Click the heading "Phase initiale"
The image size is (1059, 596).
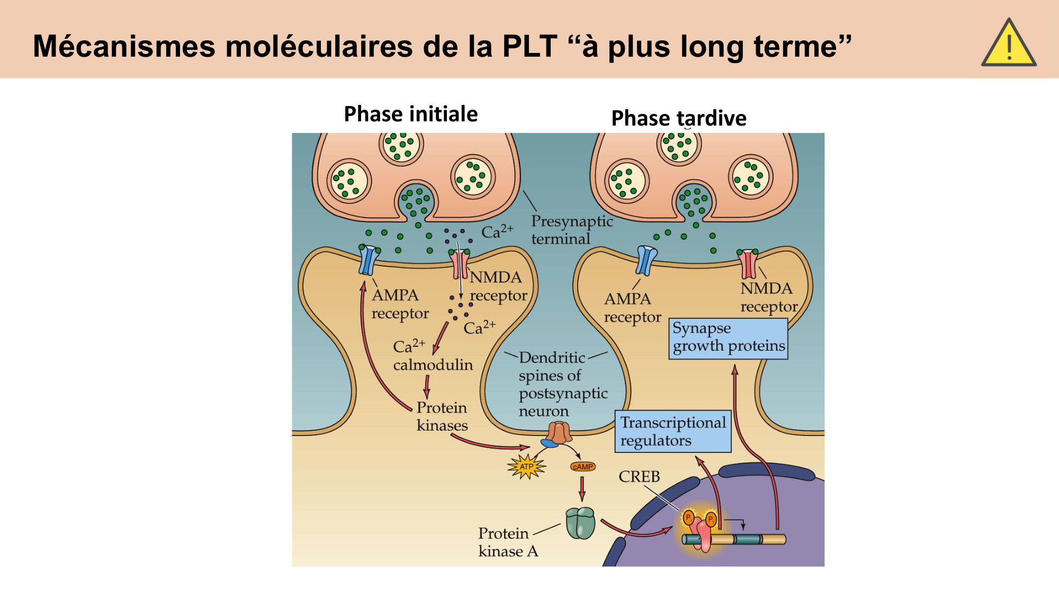(x=411, y=114)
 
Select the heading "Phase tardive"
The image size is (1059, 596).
(x=679, y=118)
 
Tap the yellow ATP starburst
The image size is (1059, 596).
(x=526, y=467)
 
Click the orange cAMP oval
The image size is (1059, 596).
(x=583, y=467)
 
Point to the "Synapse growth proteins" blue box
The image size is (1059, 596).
(x=728, y=338)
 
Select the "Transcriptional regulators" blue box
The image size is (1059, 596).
(x=672, y=431)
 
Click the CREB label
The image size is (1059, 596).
(x=639, y=477)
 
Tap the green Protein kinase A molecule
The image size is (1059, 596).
(x=580, y=523)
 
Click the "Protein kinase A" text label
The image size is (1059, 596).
(x=508, y=542)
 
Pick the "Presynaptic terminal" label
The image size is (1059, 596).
(x=572, y=230)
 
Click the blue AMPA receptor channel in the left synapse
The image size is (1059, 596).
(x=369, y=260)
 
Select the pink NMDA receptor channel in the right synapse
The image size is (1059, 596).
(x=748, y=264)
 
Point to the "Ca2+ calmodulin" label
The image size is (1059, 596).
(x=432, y=356)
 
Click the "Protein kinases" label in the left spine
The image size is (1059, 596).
(x=442, y=416)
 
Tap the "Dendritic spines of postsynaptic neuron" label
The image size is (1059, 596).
(x=562, y=384)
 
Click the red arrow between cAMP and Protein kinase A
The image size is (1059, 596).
(x=582, y=488)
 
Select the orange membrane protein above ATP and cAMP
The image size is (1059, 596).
(x=559, y=433)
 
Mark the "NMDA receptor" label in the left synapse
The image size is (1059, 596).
(x=498, y=286)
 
